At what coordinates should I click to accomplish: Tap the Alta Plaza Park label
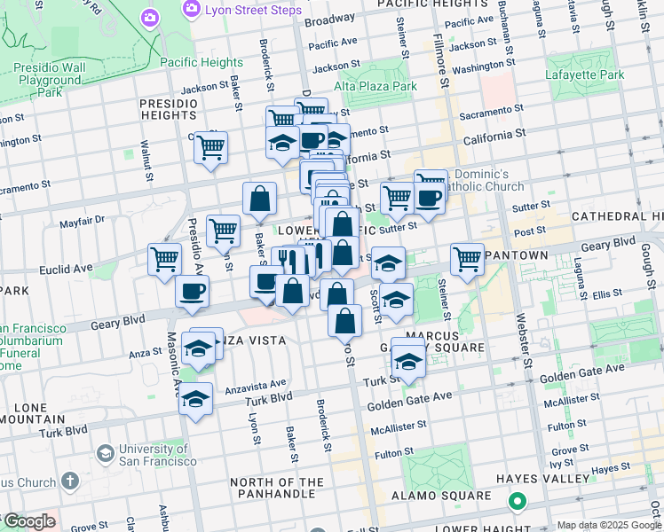(x=375, y=87)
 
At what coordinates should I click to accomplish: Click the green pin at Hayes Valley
(x=517, y=503)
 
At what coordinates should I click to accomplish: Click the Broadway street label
(x=329, y=19)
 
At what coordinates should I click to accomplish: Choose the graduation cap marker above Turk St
(x=408, y=361)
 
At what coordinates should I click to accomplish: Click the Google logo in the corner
(x=28, y=521)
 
